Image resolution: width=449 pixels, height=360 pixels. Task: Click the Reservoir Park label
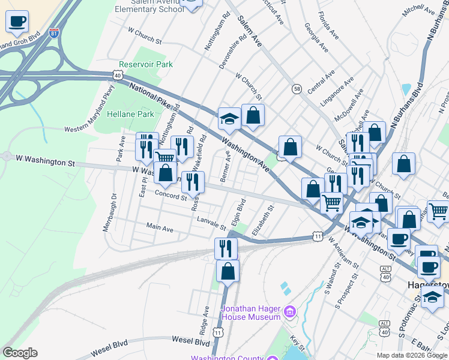146,64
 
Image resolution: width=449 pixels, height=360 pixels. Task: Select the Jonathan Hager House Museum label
251,313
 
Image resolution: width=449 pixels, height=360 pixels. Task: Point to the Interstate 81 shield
55,33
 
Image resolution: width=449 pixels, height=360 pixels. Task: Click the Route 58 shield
297,89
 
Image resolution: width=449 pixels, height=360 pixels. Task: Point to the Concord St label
172,196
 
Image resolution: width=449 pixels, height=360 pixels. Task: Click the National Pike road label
151,95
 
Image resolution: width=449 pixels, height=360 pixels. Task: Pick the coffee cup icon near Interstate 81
17,22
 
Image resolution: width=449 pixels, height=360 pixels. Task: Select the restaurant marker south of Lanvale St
226,248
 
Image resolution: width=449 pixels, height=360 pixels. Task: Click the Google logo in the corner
20,353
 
